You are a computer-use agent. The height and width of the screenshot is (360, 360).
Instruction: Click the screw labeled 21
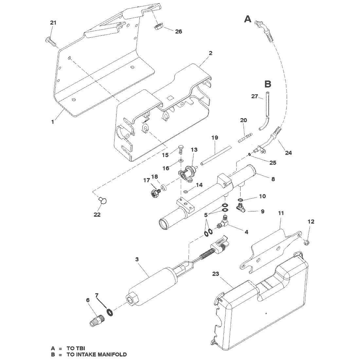pyautogui.click(x=51, y=42)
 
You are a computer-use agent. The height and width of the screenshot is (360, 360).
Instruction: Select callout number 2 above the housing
pyautogui.click(x=210, y=53)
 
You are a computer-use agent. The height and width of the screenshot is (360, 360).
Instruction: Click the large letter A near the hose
pyautogui.click(x=248, y=19)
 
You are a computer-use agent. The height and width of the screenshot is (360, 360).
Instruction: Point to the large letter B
pyautogui.click(x=268, y=84)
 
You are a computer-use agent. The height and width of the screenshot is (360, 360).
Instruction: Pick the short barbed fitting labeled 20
pyautogui.click(x=245, y=137)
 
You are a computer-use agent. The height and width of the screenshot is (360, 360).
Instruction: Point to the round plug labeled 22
pyautogui.click(x=103, y=200)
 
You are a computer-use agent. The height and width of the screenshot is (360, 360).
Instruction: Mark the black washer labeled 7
pyautogui.click(x=110, y=313)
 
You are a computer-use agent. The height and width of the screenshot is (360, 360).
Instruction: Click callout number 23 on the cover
pyautogui.click(x=216, y=274)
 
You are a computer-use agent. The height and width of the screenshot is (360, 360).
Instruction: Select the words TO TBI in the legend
pyautogui.click(x=76, y=349)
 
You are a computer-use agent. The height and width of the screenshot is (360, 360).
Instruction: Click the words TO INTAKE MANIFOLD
pyautogui.click(x=97, y=354)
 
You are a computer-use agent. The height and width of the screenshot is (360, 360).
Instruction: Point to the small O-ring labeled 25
pyautogui.click(x=250, y=155)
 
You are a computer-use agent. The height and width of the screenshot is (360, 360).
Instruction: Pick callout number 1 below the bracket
pyautogui.click(x=53, y=122)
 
